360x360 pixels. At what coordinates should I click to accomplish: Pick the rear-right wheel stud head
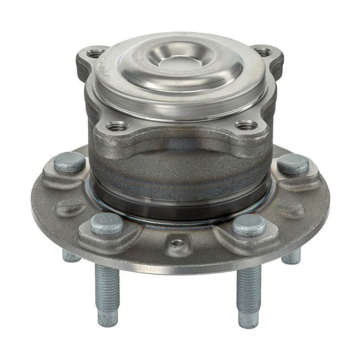(x=292, y=163)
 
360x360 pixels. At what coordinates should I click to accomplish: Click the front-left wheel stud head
(x=107, y=223)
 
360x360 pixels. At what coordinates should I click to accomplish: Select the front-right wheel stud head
(x=249, y=224)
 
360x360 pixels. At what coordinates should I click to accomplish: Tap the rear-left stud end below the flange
(x=71, y=256)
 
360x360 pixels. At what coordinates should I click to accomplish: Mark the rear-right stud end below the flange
(x=291, y=256)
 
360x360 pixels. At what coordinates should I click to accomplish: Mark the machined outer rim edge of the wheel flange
(x=180, y=269)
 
